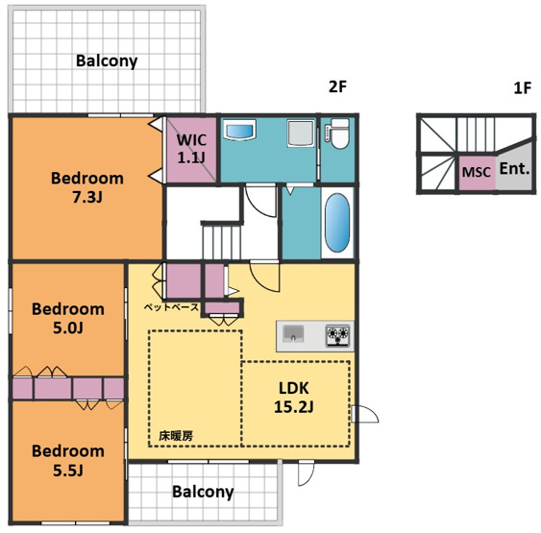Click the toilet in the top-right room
point(339,133)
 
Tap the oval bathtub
point(337,223)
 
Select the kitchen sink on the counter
point(293,334)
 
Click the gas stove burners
point(338,335)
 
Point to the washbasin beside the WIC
point(240,130)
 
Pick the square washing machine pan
point(301,133)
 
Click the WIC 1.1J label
point(191,149)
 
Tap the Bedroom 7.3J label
point(87,187)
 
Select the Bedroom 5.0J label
point(68,318)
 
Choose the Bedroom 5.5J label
point(68,460)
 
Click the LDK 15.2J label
point(294,398)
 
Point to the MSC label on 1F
point(476,172)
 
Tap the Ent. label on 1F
point(514,169)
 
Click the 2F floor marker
point(337,86)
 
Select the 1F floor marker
point(523,88)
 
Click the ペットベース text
point(171,307)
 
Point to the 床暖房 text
point(176,436)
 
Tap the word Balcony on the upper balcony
point(107,61)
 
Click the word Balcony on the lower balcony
point(203,492)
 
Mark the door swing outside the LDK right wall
point(365,414)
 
